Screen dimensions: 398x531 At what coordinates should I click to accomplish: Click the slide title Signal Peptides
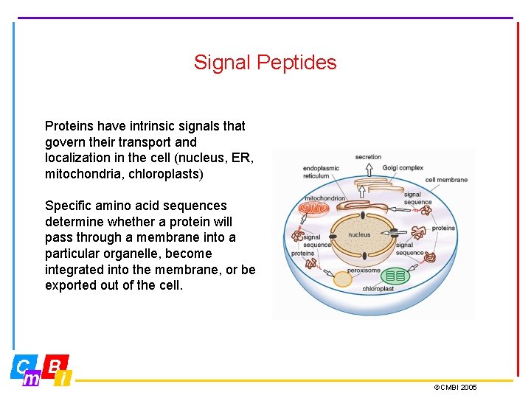coord(265,63)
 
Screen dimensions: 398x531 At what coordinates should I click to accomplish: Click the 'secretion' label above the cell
coord(368,157)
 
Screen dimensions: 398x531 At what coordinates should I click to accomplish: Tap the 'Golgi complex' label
coord(403,168)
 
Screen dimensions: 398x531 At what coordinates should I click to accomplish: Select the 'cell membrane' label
coord(446,180)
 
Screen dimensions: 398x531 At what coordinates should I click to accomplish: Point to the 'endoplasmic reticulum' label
coord(321,172)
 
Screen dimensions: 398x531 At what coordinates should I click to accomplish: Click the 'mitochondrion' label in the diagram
coord(325,198)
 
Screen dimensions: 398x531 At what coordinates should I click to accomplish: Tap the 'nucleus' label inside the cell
coord(359,235)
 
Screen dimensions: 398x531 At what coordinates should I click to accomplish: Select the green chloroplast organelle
coord(396,276)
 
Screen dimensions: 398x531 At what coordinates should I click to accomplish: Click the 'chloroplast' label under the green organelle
coord(378,289)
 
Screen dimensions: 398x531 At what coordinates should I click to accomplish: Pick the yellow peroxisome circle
coord(342,279)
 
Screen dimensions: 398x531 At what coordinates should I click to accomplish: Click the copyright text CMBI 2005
coord(455,387)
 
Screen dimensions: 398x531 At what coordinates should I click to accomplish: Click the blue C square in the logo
coord(23,366)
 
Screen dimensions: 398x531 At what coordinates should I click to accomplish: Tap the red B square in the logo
coord(55,365)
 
